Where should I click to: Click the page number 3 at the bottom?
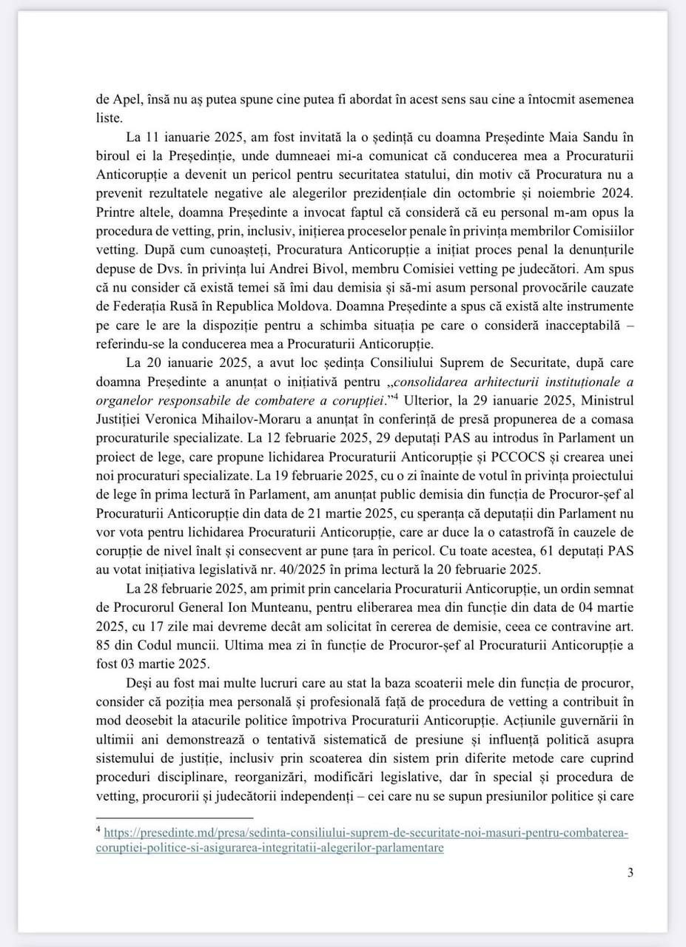pos(630,872)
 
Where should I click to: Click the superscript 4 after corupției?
pos(396,397)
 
